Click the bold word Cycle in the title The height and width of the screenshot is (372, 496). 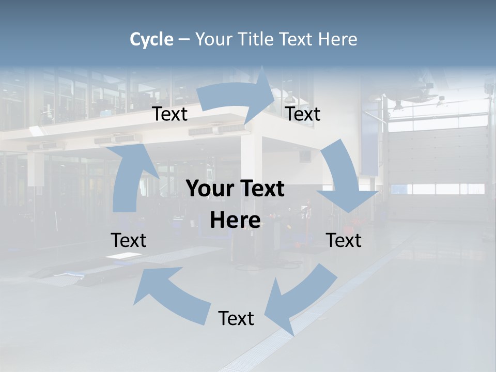151,39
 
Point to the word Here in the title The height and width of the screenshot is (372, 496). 337,39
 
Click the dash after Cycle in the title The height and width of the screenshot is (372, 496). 183,40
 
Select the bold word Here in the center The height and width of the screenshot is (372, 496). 235,221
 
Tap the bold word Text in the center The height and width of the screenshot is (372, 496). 261,189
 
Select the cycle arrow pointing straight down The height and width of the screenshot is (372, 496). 343,178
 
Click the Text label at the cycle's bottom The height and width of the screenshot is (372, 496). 236,318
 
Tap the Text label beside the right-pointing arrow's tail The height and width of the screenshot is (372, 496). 170,114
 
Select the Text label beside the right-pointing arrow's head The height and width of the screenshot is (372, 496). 303,114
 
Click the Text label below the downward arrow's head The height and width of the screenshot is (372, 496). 344,240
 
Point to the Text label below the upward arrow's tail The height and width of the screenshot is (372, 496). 129,240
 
